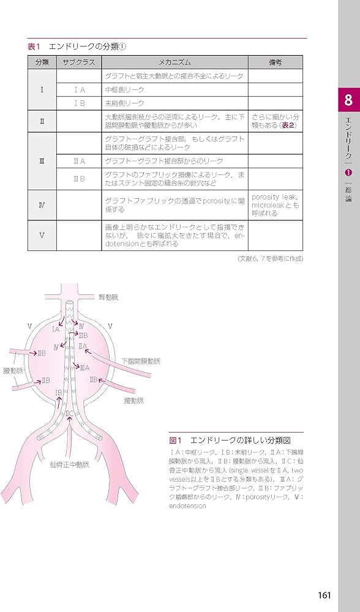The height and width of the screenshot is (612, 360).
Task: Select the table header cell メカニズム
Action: pos(174,62)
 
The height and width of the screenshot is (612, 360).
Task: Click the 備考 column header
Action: pos(275,62)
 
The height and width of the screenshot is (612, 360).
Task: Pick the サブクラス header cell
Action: pos(78,62)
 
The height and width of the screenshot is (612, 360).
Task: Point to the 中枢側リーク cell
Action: pos(125,90)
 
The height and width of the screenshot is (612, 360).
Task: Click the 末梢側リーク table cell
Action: pos(125,103)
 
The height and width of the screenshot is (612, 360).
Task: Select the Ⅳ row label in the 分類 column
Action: pos(42,204)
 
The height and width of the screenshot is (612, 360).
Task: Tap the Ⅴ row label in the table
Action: pos(42,236)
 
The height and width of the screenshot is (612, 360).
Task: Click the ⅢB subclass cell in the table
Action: pos(79,178)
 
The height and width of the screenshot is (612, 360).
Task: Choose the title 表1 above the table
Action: pos(34,47)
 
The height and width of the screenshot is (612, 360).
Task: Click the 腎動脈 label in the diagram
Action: pos(108,297)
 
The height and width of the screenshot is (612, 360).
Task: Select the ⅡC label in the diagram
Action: pos(70,414)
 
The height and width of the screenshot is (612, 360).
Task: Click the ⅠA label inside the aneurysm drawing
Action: pos(56,329)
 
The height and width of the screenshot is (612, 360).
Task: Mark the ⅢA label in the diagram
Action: pos(84,368)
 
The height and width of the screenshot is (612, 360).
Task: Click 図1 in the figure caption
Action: pos(176,440)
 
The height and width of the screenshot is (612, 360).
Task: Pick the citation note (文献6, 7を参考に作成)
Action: pos(270,259)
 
